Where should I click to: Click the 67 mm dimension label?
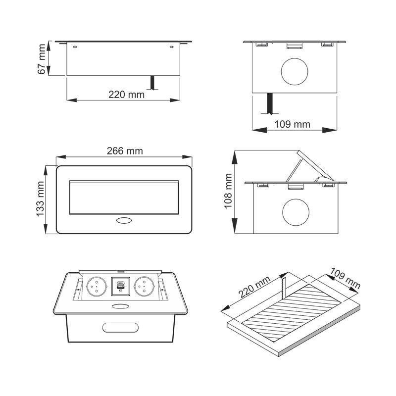(x=42, y=59)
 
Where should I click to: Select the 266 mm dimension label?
(x=125, y=151)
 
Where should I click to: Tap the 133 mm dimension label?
(x=40, y=199)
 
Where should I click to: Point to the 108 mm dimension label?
(x=228, y=191)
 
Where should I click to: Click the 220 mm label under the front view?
(x=127, y=95)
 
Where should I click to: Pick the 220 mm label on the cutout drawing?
(x=254, y=287)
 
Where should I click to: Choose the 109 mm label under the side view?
(x=292, y=124)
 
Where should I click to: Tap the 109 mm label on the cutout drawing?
(x=345, y=278)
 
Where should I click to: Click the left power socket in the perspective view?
(x=97, y=287)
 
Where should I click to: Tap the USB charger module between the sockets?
(x=120, y=287)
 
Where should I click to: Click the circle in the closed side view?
(x=295, y=71)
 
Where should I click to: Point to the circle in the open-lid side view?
(x=296, y=212)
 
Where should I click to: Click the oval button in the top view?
(x=124, y=220)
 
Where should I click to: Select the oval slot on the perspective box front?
(x=120, y=328)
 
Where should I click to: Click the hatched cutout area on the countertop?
(x=291, y=313)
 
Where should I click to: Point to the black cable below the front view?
(x=152, y=82)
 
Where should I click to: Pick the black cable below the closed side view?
(x=270, y=103)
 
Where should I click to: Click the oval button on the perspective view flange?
(x=120, y=306)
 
